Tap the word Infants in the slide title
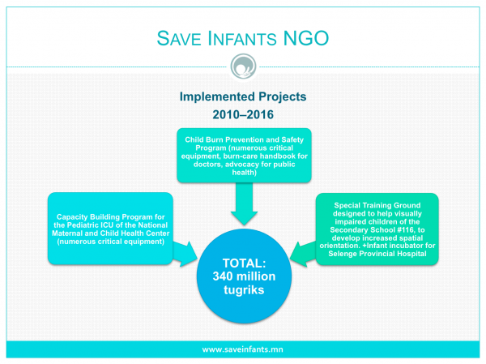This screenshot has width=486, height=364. (241, 38)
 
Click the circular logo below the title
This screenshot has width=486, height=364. (243, 66)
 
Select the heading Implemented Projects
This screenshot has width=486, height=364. (243, 96)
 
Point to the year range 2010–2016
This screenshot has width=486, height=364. (243, 114)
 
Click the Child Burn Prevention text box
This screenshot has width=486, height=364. (245, 156)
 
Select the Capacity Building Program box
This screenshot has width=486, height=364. (110, 229)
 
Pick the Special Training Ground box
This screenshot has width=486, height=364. (377, 229)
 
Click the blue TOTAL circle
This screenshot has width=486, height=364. (245, 276)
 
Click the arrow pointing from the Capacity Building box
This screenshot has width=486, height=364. (185, 254)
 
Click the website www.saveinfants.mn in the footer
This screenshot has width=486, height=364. (243, 349)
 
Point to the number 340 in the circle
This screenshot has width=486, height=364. (224, 276)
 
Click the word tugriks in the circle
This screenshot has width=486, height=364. (244, 290)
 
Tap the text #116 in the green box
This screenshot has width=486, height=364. (406, 230)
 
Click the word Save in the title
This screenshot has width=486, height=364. (179, 38)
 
